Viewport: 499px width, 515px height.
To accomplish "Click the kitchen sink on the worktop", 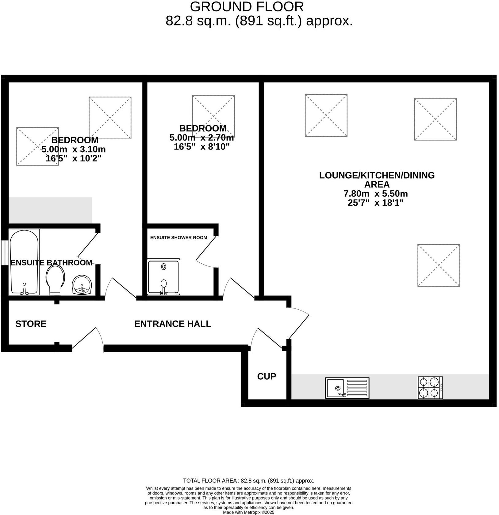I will tap(347, 388).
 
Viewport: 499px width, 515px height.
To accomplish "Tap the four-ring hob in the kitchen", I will tap(430, 388).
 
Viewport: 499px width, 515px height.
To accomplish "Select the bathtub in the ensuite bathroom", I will tap(24, 262).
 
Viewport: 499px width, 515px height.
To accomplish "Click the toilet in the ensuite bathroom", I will tap(55, 279).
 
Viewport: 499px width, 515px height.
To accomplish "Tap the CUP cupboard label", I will tap(267, 376).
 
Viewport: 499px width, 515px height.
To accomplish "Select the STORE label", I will tap(31, 324).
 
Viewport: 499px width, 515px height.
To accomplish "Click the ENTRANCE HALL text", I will tap(173, 324).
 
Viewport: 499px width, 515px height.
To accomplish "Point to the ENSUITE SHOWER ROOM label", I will tap(178, 238).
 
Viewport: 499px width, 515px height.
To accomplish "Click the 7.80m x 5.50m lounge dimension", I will tap(375, 194).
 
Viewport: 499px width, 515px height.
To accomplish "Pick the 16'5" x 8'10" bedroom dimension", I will tap(202, 147).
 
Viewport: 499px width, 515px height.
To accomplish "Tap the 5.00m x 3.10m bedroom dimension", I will tap(74, 149).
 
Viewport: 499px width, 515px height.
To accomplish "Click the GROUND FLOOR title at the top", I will tap(247, 6).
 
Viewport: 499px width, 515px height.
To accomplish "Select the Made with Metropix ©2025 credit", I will tap(248, 512).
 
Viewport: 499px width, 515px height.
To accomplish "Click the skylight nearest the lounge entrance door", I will tap(439, 265).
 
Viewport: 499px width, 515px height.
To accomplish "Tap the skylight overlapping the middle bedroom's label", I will tap(213, 116).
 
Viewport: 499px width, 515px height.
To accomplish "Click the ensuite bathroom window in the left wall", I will tap(4, 253).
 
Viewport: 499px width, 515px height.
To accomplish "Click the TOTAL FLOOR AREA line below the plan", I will tap(248, 481).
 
